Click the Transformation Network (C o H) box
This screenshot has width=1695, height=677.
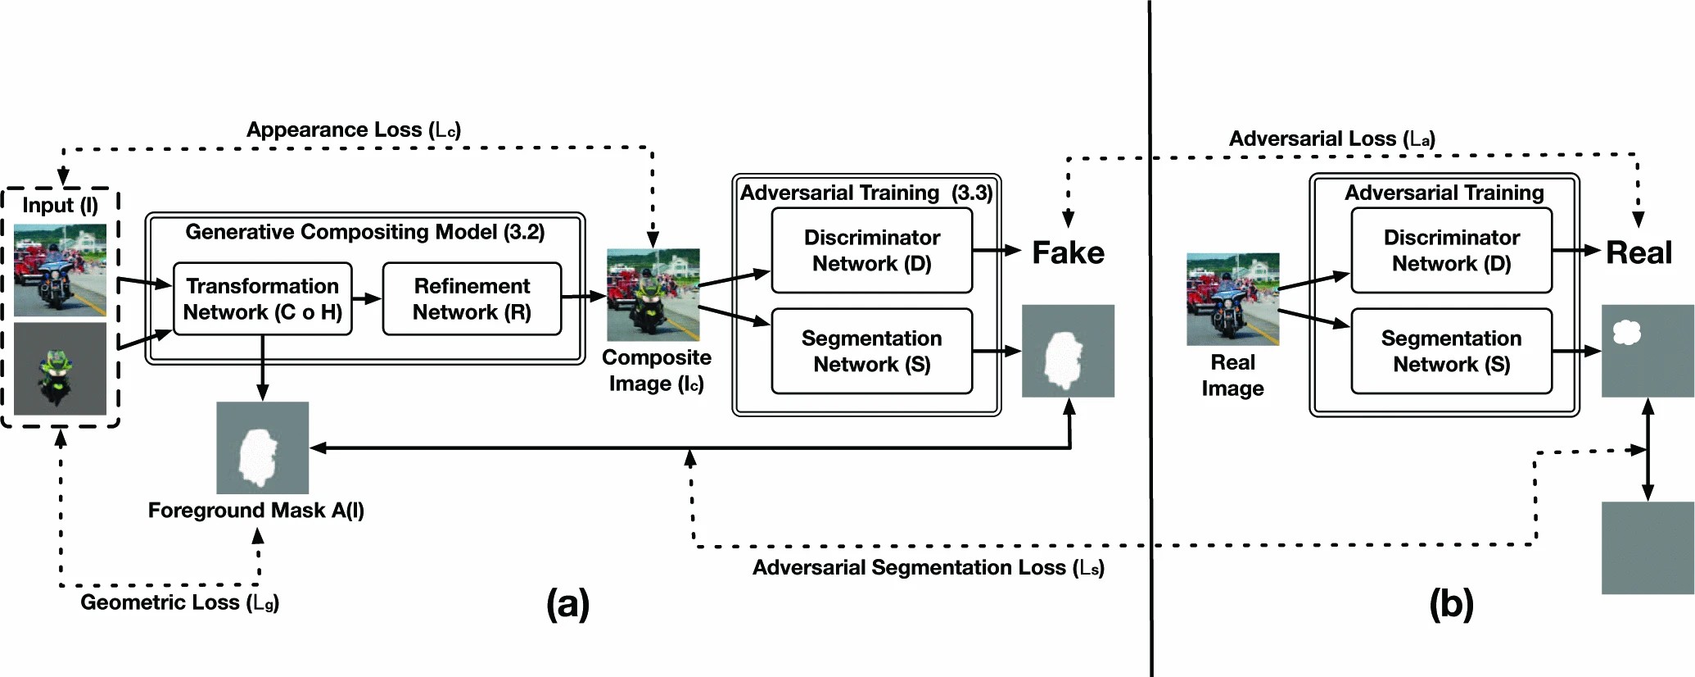[x=263, y=298]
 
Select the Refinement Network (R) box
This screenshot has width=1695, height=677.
[x=472, y=298]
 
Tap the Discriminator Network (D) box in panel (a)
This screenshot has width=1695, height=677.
[x=871, y=250]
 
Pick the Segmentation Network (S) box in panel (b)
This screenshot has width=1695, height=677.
[x=1451, y=351]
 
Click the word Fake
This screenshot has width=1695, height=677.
[x=1068, y=252]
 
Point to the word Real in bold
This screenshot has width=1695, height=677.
[x=1638, y=252]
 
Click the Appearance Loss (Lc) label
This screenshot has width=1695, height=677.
[x=354, y=129]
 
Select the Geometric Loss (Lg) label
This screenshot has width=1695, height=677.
[x=179, y=602]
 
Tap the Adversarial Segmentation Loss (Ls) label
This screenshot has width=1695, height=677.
[x=928, y=567]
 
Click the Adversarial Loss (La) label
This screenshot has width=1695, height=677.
[x=1331, y=139]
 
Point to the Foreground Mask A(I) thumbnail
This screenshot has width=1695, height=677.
[x=262, y=448]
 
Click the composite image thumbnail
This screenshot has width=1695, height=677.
[x=653, y=294]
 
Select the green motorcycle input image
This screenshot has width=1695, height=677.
[x=60, y=369]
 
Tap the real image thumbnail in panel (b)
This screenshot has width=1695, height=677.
[x=1232, y=299]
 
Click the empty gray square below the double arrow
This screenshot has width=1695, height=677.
[x=1648, y=548]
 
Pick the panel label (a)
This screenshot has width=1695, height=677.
[x=567, y=604]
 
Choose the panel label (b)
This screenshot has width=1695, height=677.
[x=1451, y=604]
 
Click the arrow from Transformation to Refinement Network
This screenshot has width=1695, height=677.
[x=367, y=298]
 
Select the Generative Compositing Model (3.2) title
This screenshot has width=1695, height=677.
[x=364, y=232]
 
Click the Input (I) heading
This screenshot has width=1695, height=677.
[x=60, y=205]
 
